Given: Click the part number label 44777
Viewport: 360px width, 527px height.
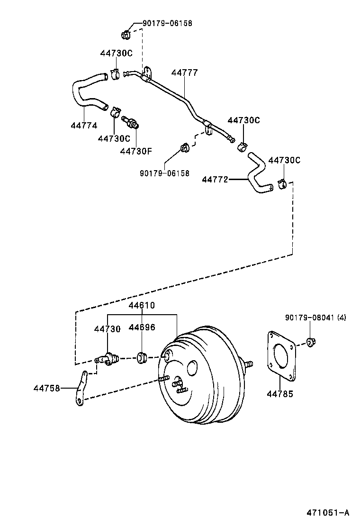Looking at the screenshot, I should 184,73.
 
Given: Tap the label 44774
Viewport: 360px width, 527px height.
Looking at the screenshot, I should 84,126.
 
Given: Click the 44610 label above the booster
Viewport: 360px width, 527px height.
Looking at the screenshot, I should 142,305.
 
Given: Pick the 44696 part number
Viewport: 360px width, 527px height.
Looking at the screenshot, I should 142,327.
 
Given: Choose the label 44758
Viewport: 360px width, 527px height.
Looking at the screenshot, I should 46,388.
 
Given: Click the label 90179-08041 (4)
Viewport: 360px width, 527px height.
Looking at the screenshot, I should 315,317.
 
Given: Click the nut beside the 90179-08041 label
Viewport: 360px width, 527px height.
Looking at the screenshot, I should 311,341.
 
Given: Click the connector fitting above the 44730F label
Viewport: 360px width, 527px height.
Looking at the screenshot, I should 131,122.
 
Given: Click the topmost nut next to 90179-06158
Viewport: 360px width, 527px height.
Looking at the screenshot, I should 126,34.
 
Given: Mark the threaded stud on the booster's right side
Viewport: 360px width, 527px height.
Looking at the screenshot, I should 248,364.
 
